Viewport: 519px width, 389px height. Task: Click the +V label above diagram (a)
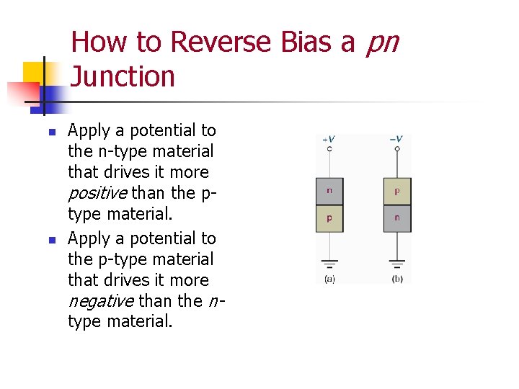coord(328,139)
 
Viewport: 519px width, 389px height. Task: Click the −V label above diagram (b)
coord(396,139)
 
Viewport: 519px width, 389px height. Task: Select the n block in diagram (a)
coord(329,192)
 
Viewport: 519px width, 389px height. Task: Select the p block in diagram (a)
coord(329,218)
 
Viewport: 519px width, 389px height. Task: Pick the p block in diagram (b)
coord(397,192)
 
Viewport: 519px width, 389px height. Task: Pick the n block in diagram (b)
coord(397,218)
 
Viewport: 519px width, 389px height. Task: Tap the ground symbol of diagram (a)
coord(329,264)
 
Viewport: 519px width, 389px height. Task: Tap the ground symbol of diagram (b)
coord(397,264)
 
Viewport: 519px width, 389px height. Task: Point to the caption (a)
coord(329,278)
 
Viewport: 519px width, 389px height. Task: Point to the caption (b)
coord(397,278)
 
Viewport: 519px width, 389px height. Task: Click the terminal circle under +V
coord(329,149)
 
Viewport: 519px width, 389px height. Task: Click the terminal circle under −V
coord(397,149)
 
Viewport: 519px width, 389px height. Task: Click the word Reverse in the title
coord(219,43)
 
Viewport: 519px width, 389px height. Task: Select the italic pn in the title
coord(382,43)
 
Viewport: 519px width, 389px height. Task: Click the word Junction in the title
coord(123,76)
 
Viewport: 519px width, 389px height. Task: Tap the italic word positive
coord(98,193)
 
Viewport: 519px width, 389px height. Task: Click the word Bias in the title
coord(306,43)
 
